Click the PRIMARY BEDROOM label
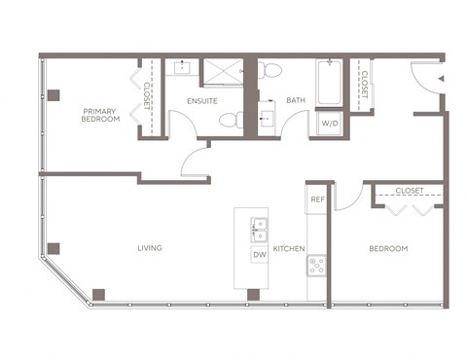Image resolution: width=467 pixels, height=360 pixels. pyautogui.click(x=101, y=114)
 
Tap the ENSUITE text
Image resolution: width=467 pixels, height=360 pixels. pyautogui.click(x=201, y=100)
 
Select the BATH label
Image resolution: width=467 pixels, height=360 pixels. pyautogui.click(x=296, y=100)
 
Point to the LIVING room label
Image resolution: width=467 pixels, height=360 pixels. pyautogui.click(x=149, y=248)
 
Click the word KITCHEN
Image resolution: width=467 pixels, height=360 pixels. pyautogui.click(x=289, y=249)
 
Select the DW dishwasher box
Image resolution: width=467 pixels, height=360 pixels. pyautogui.click(x=259, y=255)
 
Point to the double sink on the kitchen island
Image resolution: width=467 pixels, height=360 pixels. pyautogui.click(x=259, y=230)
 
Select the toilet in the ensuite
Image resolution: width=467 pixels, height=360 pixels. pyautogui.click(x=229, y=121)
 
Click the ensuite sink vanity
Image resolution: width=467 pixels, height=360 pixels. pyautogui.click(x=182, y=69)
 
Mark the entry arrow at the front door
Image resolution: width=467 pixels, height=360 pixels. pyautogui.click(x=441, y=78)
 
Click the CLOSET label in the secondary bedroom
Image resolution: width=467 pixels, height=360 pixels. pyautogui.click(x=407, y=192)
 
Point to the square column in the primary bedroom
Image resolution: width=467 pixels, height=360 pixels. pyautogui.click(x=54, y=94)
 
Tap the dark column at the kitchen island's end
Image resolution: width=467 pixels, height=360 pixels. pyautogui.click(x=253, y=294)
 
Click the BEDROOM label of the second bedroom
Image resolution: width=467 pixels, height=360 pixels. pyautogui.click(x=388, y=249)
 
